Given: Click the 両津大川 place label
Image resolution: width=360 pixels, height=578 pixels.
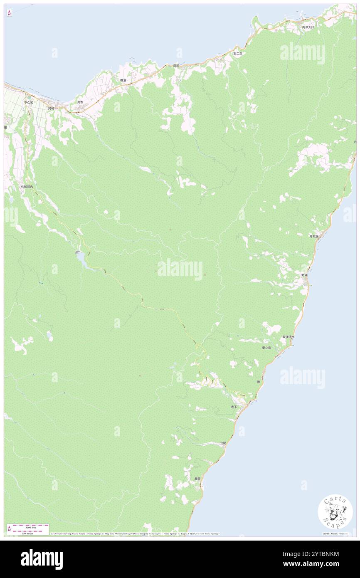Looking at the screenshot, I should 308,27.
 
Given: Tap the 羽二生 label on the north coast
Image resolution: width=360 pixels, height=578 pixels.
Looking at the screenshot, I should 237,54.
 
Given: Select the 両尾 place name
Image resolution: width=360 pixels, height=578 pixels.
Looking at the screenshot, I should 176,66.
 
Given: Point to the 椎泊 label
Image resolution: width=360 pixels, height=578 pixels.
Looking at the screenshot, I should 123,80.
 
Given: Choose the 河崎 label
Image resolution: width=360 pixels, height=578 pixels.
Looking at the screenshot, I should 51,108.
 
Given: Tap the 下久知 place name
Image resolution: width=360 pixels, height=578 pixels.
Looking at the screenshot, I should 28,102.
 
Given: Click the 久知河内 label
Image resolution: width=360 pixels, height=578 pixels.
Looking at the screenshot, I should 27,187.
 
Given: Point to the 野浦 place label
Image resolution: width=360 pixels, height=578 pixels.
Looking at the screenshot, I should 305,275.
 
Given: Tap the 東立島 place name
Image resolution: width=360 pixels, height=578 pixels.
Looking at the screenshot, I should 266,347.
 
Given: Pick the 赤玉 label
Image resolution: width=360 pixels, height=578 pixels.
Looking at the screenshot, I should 234,406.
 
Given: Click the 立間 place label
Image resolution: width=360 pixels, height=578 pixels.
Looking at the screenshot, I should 223,443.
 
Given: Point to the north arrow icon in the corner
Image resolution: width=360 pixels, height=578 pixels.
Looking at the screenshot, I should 9,13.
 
